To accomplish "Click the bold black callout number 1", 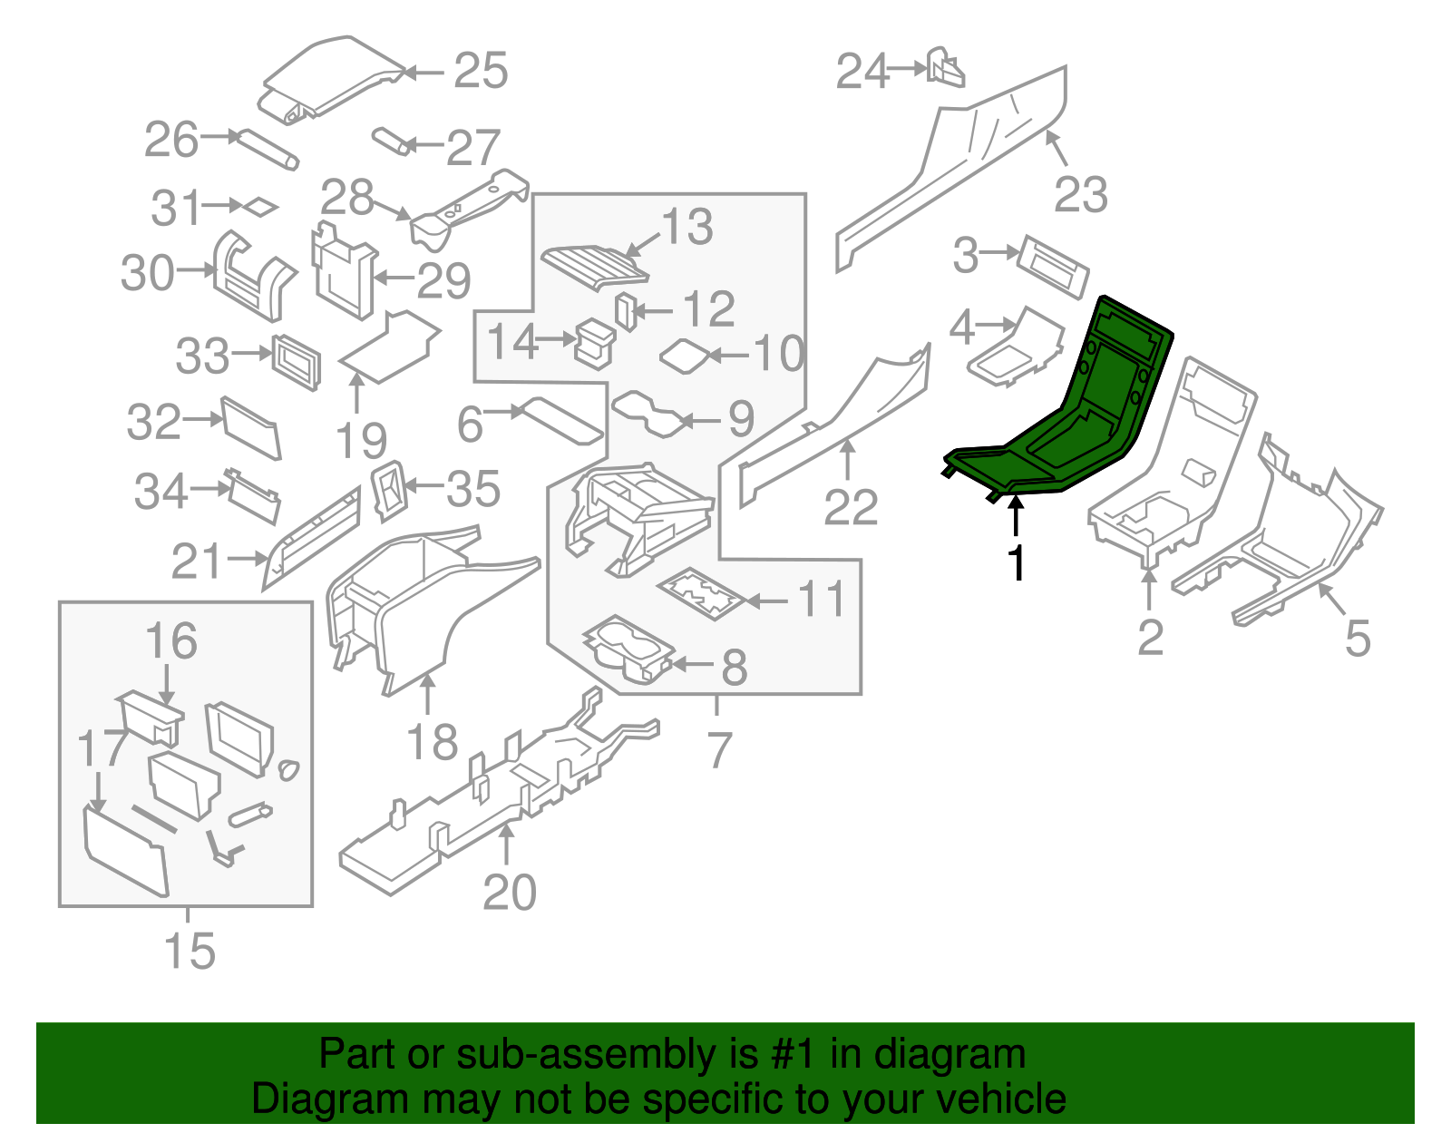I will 1018,563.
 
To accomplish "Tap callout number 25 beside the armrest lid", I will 481,71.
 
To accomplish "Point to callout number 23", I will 1081,195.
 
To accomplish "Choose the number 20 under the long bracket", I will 510,893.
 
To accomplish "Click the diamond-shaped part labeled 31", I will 258,207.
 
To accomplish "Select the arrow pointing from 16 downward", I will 168,684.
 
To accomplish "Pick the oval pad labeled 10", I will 687,355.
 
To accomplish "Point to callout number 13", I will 687,227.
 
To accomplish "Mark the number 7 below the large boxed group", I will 719,750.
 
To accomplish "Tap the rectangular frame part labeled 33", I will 297,362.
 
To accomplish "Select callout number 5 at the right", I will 1357,639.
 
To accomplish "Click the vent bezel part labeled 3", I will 1053,267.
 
